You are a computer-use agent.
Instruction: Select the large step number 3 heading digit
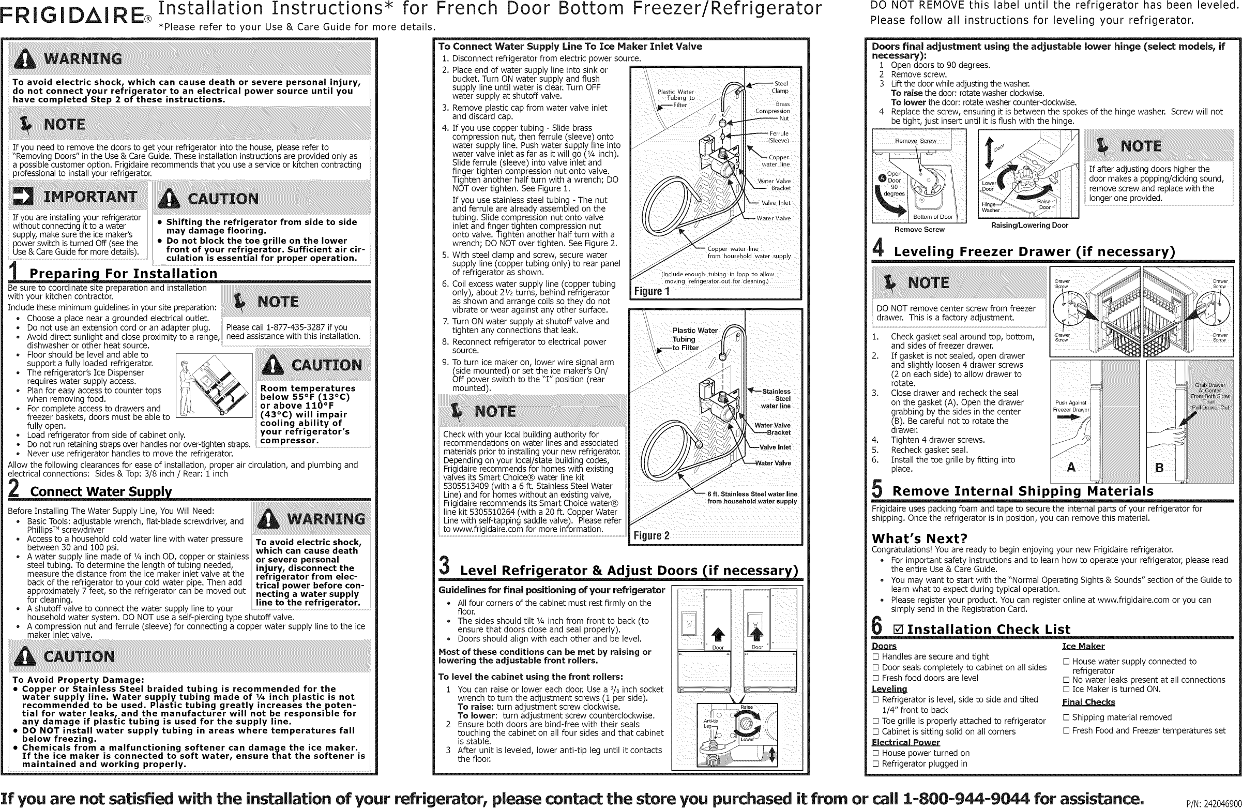444,566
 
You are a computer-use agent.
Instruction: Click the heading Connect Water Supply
101,492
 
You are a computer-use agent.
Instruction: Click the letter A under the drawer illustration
1071,467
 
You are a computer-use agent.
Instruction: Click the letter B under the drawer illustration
1159,468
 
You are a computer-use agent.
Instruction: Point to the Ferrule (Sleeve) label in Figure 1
779,137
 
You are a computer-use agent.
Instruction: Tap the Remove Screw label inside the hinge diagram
915,141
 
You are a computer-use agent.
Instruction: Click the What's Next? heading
919,538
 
